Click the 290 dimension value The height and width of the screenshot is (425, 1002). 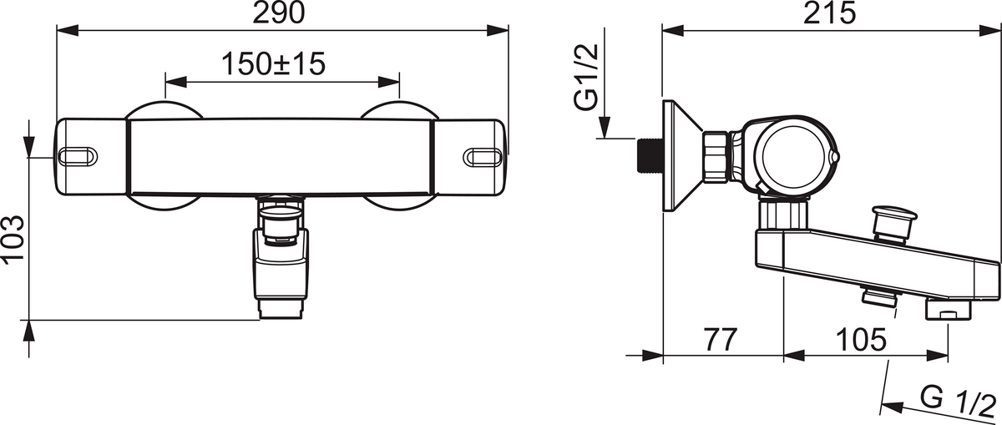point(279,13)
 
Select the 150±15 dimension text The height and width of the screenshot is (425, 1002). point(273,64)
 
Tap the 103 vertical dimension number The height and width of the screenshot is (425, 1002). point(13,240)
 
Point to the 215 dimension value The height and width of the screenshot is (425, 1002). point(829,13)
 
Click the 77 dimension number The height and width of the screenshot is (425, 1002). point(721,340)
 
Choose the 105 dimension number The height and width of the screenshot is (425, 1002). point(861,340)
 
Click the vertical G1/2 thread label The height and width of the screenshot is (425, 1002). point(586,77)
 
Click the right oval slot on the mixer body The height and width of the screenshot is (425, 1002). point(483,158)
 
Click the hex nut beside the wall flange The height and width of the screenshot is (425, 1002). point(716,157)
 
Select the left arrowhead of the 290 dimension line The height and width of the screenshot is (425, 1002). point(68,30)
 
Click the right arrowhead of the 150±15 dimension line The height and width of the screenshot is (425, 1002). point(389,82)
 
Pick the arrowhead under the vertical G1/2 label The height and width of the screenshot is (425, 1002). point(605,127)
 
